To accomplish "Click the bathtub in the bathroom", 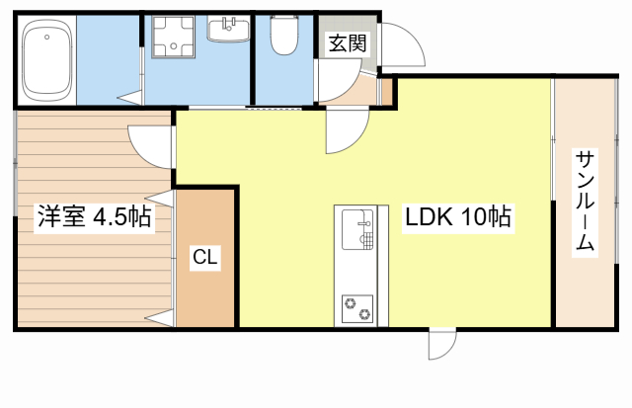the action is (x=47, y=59).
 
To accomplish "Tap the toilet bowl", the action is (x=284, y=36).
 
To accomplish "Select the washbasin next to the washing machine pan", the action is (x=228, y=30).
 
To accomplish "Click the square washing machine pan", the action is (x=174, y=38).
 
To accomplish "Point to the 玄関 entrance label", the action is (x=348, y=43).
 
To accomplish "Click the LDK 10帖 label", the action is (x=458, y=217).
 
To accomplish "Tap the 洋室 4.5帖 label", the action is (x=95, y=216).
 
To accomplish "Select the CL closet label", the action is (x=205, y=257).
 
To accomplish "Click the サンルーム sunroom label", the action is (x=585, y=202).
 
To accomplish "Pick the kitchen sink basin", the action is (x=357, y=229).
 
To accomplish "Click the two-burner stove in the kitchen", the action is (x=357, y=309).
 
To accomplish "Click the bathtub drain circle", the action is (x=47, y=38).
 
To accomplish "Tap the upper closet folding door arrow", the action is (x=160, y=199).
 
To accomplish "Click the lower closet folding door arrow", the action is (x=160, y=318).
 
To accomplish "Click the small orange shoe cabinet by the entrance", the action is (x=387, y=92).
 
